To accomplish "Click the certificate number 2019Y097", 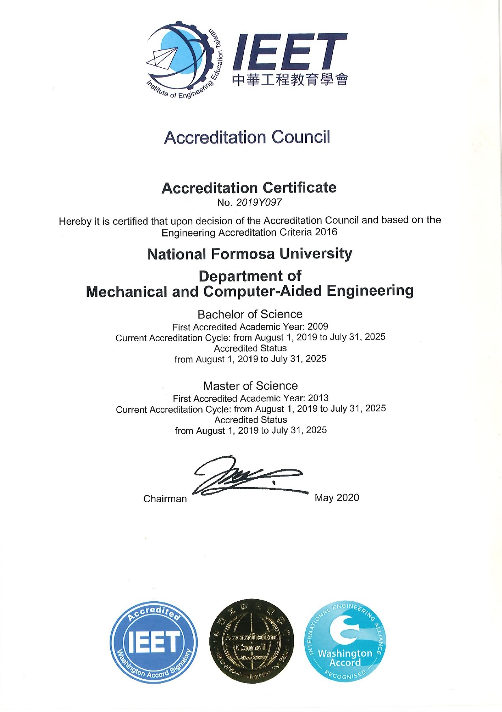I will pos(259,202).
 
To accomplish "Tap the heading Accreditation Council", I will pos(247,137).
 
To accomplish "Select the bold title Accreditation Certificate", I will pos(249,188).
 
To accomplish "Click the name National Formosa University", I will pos(250,254).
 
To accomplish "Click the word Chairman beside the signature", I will pos(165,499).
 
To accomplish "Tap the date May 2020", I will pos(337,497).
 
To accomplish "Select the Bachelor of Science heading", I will pos(250,314).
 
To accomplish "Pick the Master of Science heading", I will pos(250,385).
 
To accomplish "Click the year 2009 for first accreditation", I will pos(318,327).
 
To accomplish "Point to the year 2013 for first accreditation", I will pos(318,398).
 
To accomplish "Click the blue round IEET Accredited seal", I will pos(154,642).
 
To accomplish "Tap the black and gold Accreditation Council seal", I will pos(252,641).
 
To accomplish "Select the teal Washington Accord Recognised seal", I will pos(345,641).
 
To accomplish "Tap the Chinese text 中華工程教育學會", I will pos(290,80).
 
